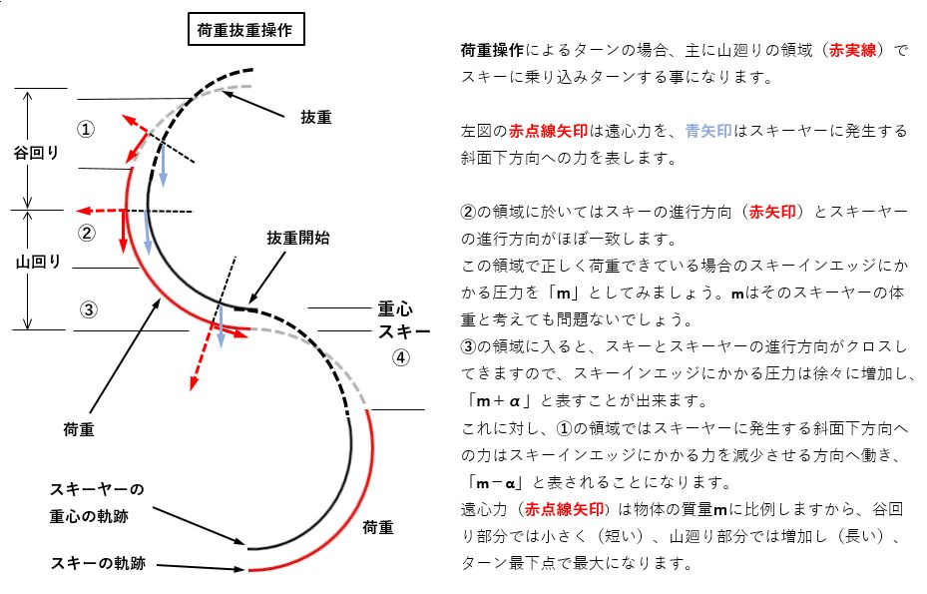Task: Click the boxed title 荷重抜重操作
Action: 245,30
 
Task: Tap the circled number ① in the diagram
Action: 87,130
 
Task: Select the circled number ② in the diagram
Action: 87,233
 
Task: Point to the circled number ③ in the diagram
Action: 89,308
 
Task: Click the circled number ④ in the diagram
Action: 400,357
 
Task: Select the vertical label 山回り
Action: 38,263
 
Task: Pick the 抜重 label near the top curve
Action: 316,117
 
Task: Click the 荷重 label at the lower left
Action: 79,427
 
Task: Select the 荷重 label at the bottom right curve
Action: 377,525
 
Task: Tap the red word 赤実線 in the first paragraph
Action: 852,50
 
